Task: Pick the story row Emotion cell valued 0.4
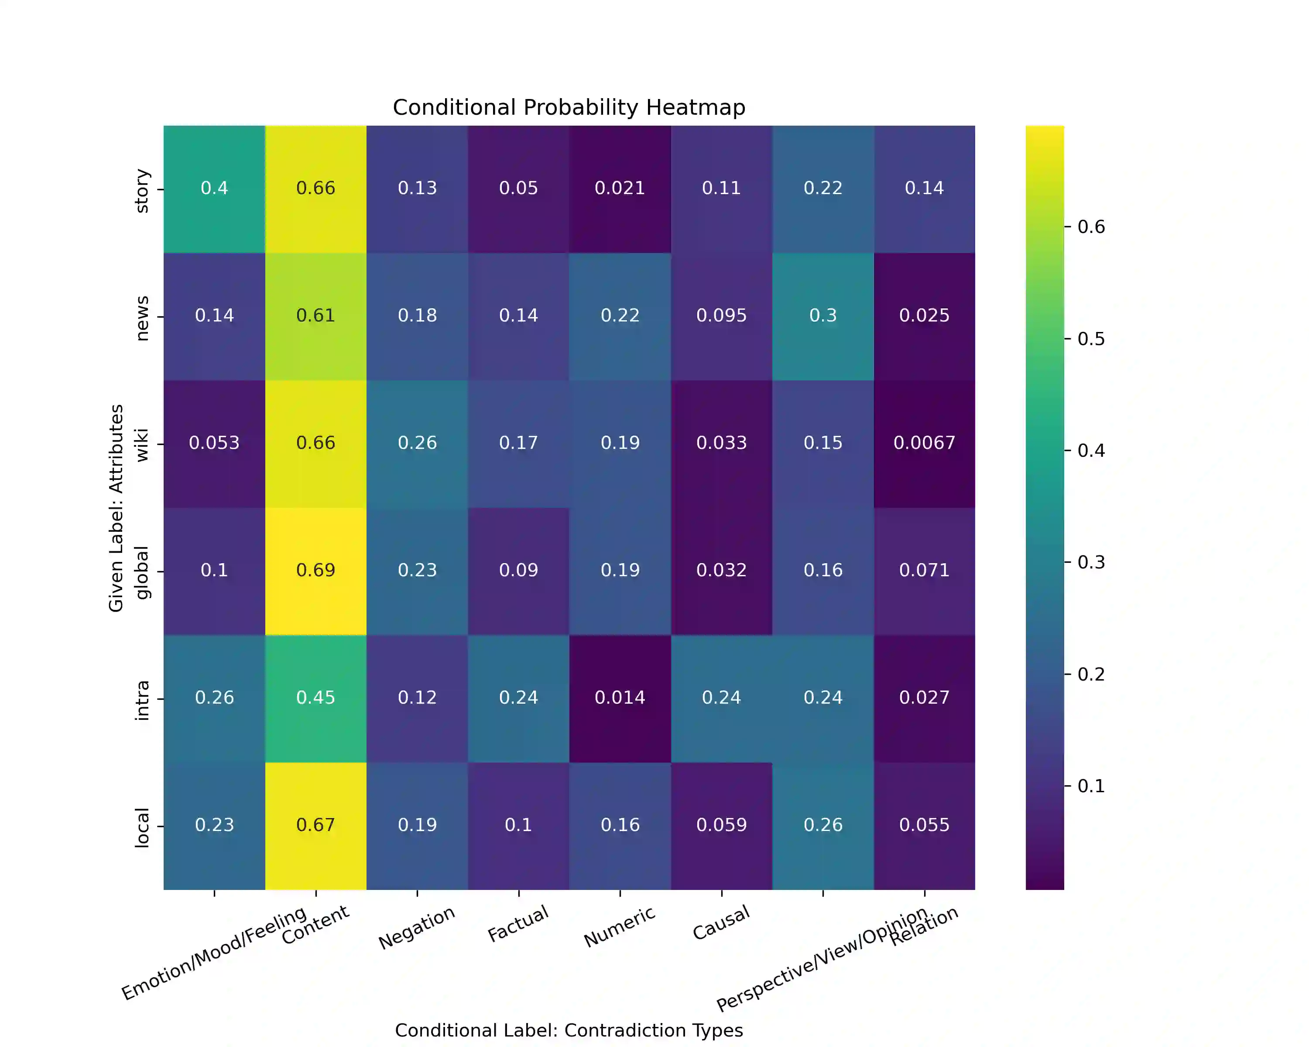[214, 188]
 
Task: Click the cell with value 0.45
[316, 698]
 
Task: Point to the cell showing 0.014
[620, 698]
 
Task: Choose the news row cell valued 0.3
[822, 315]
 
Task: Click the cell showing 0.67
[316, 825]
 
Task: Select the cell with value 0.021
[620, 188]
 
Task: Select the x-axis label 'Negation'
[417, 927]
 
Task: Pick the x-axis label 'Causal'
[721, 923]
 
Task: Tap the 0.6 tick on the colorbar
[1090, 227]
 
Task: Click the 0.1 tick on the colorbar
[1090, 786]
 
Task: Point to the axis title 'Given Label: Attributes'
[116, 508]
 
